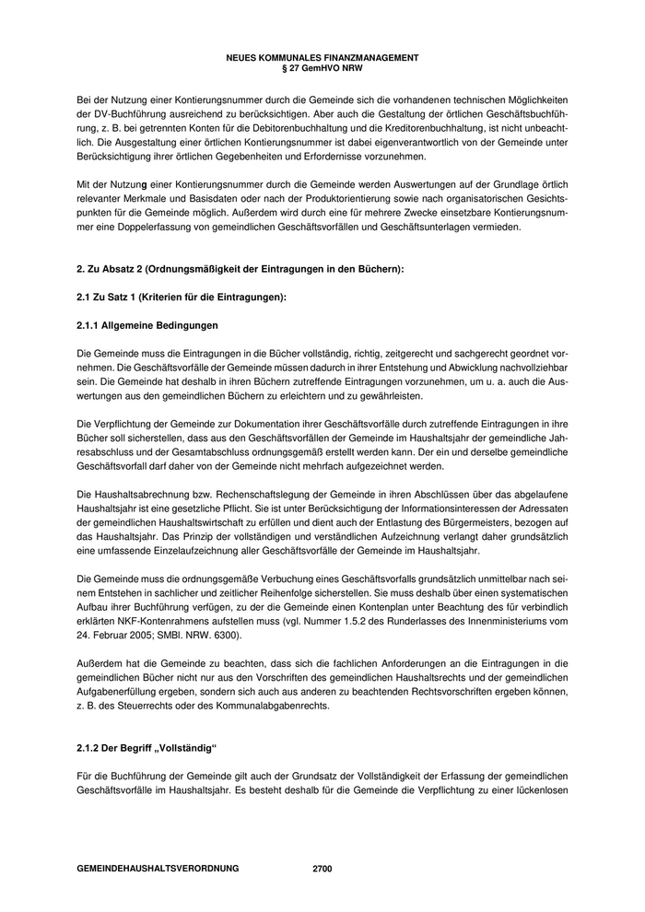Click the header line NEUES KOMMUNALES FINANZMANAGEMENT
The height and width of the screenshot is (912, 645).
point(322,57)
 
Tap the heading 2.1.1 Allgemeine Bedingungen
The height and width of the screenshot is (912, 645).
point(147,326)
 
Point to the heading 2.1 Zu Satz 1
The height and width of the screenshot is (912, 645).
point(182,297)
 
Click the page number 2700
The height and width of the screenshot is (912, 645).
point(322,869)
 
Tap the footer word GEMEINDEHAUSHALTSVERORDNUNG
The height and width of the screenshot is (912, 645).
point(158,869)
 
